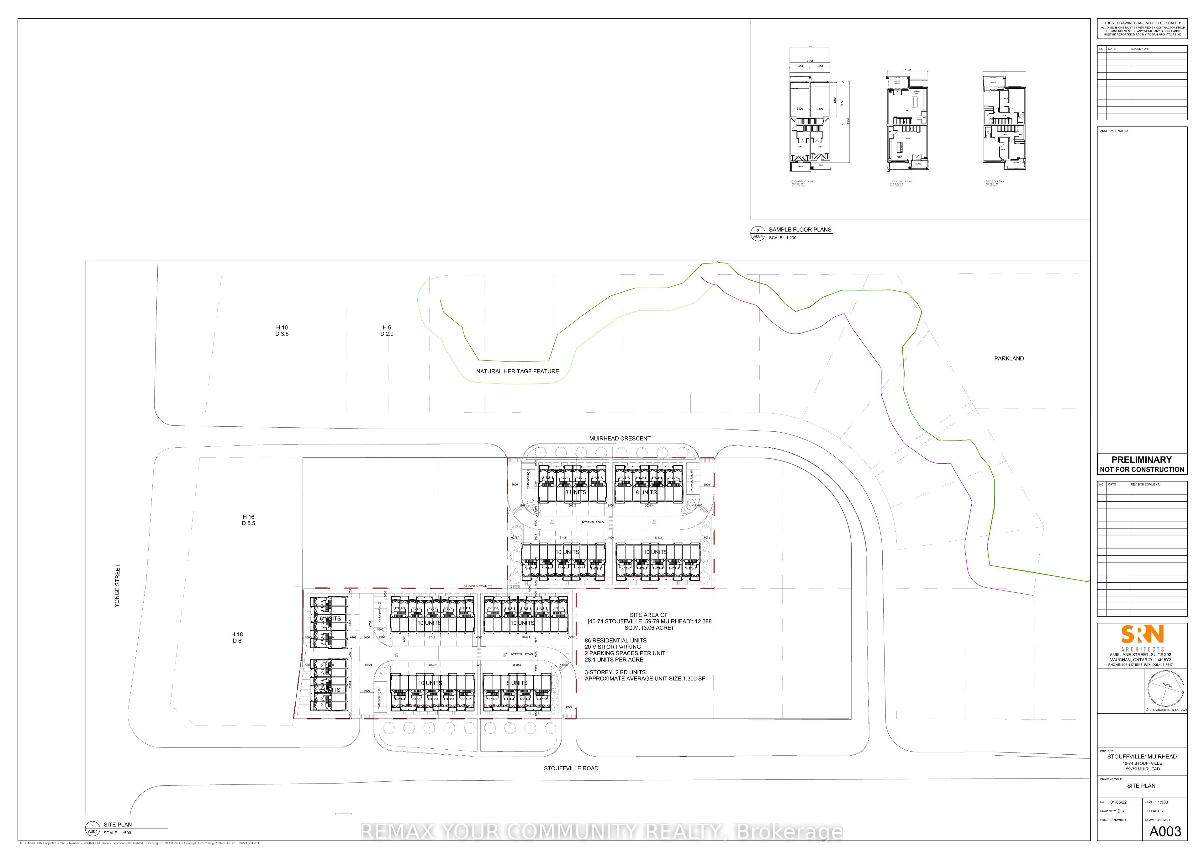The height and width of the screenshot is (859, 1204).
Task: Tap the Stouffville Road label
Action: point(571,768)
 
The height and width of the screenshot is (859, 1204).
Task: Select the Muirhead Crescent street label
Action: point(620,439)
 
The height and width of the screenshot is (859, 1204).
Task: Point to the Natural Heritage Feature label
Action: point(517,371)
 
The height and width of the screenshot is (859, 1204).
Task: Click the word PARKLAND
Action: point(1009,359)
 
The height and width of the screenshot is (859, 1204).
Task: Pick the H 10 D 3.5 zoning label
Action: point(282,331)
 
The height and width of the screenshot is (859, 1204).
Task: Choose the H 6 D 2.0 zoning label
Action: point(387,331)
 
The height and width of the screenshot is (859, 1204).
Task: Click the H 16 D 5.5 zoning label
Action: point(248,520)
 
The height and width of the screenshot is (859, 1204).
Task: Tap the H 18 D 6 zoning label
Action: point(236,638)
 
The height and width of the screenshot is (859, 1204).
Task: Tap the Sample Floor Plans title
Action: point(800,230)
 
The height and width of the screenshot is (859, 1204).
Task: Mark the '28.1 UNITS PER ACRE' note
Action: point(614,659)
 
